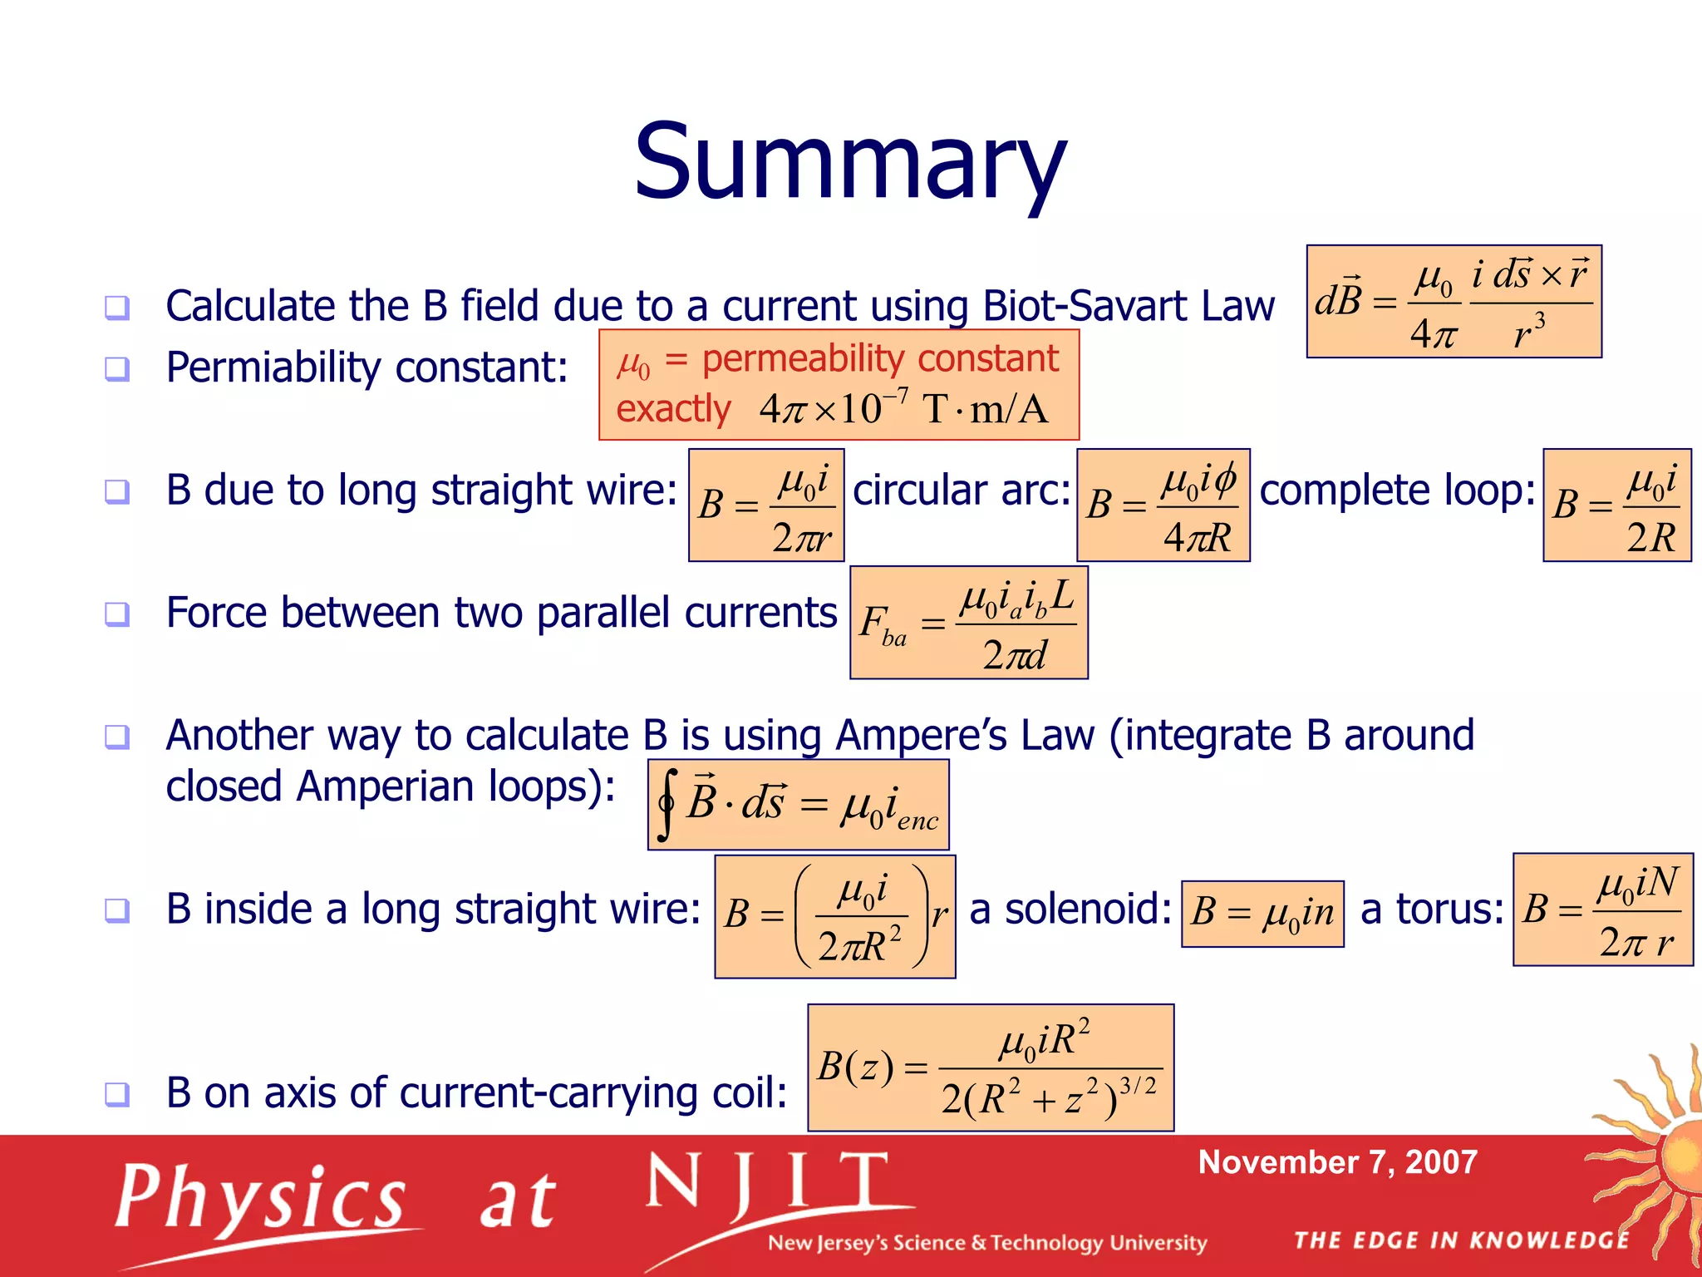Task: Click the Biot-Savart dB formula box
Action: (1454, 302)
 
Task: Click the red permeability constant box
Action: (839, 385)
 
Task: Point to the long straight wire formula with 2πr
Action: (766, 505)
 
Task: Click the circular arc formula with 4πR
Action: (1163, 505)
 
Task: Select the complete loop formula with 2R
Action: (1616, 505)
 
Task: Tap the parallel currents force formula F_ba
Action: (968, 623)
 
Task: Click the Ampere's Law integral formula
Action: (798, 805)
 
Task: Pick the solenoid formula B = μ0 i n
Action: (1262, 914)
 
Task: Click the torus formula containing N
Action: (1602, 910)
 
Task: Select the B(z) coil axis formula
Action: (991, 1067)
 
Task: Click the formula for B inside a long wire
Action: (834, 916)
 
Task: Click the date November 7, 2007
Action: (1337, 1162)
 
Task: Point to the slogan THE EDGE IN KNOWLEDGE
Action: (1462, 1240)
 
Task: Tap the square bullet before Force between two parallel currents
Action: (117, 614)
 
